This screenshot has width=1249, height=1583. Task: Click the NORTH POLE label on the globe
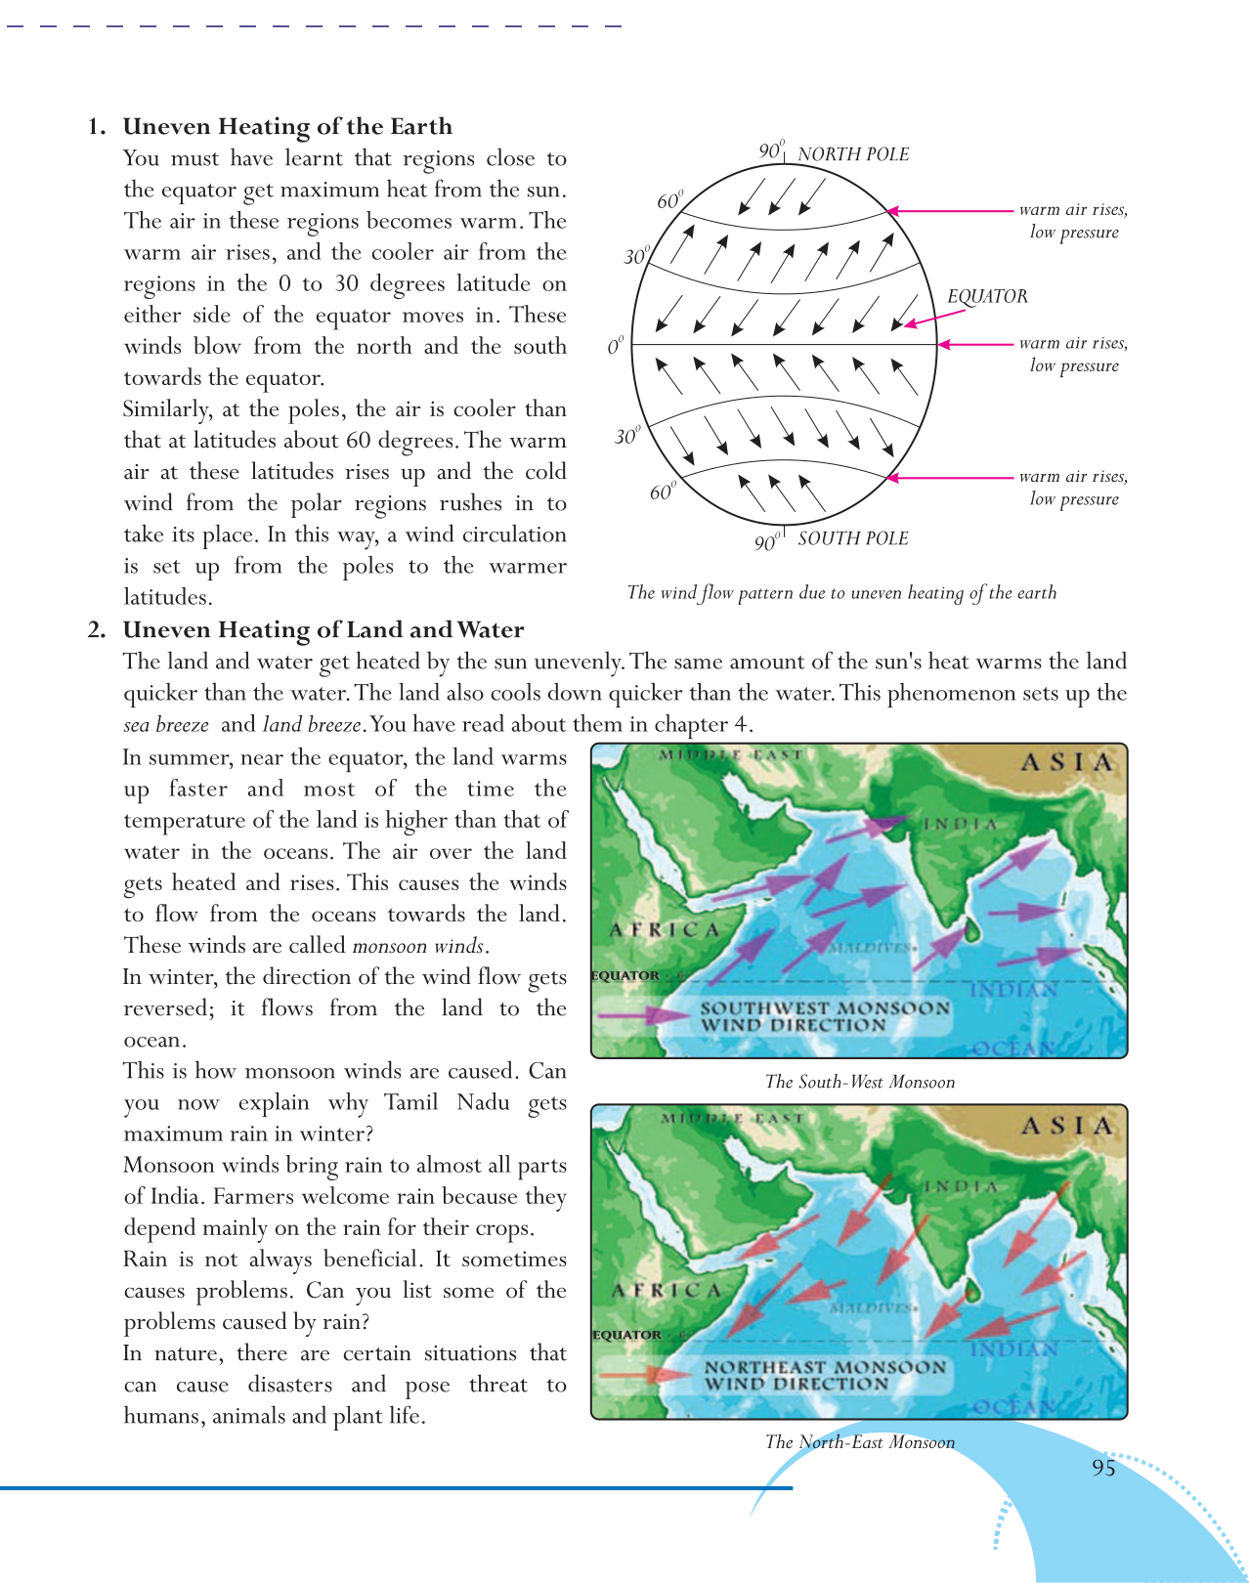[852, 154]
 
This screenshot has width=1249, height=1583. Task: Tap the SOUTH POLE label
[852, 538]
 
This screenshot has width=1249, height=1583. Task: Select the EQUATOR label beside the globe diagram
[987, 296]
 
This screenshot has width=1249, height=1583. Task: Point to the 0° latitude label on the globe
[615, 347]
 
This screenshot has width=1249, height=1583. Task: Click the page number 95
[1103, 1468]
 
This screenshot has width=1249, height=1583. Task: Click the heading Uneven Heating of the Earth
[287, 127]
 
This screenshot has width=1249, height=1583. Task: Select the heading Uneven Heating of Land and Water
[323, 630]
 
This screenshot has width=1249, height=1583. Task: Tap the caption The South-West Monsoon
[860, 1082]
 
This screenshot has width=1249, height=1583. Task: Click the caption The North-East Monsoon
[860, 1442]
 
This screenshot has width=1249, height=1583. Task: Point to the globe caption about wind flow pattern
[841, 593]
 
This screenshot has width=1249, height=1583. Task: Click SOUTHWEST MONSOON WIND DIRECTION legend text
[824, 1016]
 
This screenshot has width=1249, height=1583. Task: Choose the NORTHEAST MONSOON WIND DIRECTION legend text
[824, 1376]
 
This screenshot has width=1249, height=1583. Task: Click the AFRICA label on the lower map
[667, 1291]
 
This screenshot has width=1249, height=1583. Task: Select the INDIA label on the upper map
[960, 825]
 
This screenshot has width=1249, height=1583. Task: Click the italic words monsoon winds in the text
[418, 946]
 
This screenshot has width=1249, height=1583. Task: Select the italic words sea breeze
[166, 725]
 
